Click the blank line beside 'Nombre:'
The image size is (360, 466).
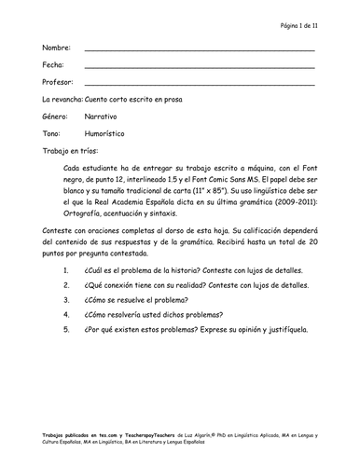tap(199, 49)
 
